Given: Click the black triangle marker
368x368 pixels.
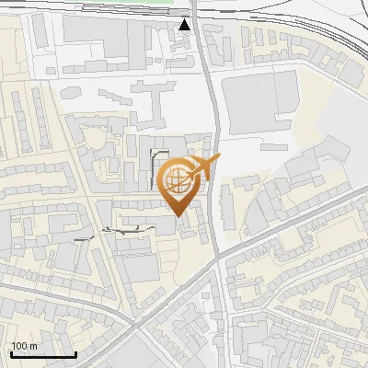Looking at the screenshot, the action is (x=185, y=24).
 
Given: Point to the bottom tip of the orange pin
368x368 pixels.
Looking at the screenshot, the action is (x=178, y=217).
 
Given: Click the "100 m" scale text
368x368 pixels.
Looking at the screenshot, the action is (x=24, y=346).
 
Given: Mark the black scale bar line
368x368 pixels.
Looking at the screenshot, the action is (x=42, y=354).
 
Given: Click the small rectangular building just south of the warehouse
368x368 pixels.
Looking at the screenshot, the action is (x=275, y=144).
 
